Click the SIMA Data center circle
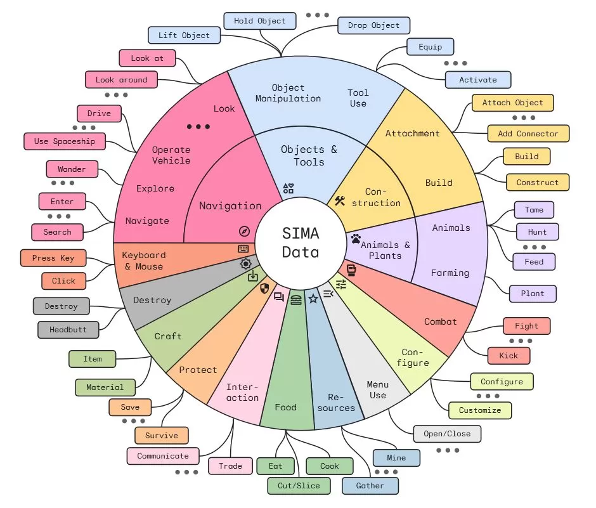[301, 242]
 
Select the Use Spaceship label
[65, 141]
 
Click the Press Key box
[53, 258]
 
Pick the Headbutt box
[68, 330]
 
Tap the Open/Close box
[447, 434]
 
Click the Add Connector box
[528, 134]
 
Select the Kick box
[509, 356]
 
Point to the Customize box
[480, 410]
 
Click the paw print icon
[356, 239]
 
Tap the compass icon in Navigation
[244, 231]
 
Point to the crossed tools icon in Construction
[340, 200]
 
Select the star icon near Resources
[313, 298]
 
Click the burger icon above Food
[296, 300]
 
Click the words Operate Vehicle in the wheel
[171, 155]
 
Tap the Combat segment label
[441, 322]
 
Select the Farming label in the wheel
[450, 273]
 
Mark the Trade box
[231, 466]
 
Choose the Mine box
[396, 457]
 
